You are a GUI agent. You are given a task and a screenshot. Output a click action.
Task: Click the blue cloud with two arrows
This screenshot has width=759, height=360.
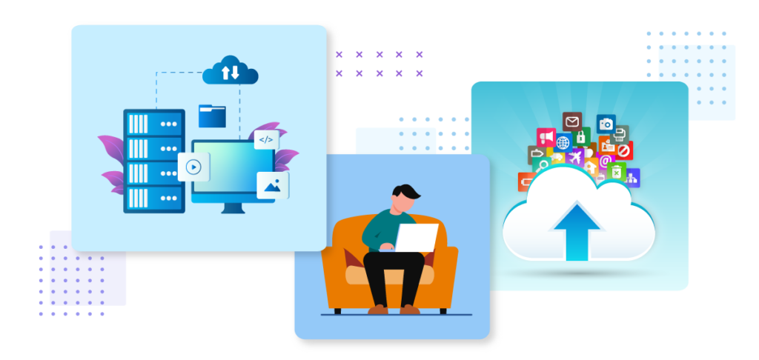point(230,71)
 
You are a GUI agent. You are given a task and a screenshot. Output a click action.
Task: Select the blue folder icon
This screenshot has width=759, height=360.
point(212,116)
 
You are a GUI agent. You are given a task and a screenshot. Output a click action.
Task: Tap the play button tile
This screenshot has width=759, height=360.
point(193,167)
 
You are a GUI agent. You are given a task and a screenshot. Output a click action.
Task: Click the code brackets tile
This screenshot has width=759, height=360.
point(266,139)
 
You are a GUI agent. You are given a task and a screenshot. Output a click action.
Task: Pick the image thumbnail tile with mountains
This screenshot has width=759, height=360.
point(272,185)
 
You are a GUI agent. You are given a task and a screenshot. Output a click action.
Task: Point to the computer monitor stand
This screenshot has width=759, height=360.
point(233,207)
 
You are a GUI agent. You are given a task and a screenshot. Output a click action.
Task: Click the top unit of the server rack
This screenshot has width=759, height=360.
point(153,123)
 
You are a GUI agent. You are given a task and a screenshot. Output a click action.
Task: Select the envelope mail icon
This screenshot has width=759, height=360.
point(571,121)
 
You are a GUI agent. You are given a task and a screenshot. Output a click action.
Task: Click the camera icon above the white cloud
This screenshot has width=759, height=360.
point(606,124)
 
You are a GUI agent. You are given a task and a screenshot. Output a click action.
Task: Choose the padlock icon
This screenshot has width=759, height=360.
point(583,138)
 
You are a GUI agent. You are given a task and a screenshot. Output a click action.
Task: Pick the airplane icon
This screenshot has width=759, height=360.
point(574,158)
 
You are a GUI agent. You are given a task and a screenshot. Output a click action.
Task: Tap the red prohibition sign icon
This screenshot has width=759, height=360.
point(624,151)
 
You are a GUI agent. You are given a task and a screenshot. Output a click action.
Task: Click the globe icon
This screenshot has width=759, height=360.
point(563,142)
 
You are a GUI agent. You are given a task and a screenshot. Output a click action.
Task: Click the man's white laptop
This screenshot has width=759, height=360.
point(417,238)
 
